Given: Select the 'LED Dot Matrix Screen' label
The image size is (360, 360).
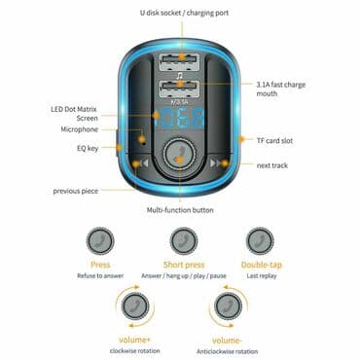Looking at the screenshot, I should (73, 113).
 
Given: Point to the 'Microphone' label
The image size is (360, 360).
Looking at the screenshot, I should (80, 129).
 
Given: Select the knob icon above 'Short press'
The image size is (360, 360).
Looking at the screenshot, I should (180, 240).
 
